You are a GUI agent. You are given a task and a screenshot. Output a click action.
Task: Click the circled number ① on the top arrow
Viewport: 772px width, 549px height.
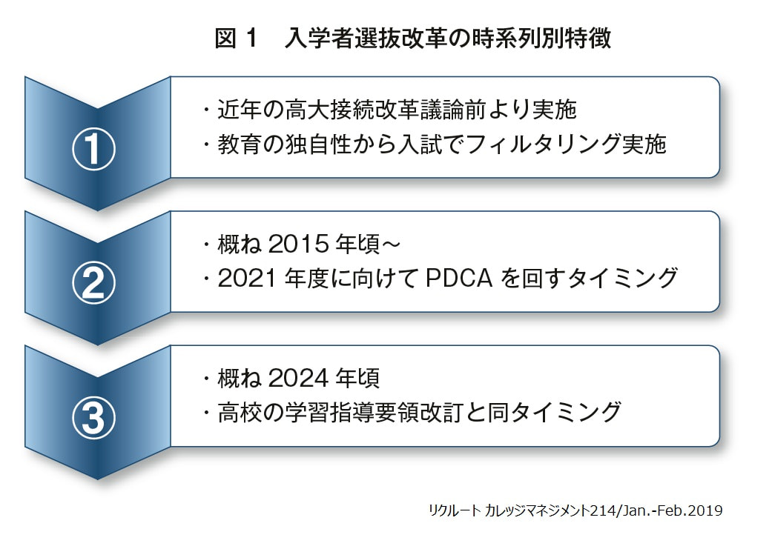tap(93, 150)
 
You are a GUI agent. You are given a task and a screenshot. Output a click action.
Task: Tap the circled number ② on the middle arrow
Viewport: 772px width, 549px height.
tap(93, 284)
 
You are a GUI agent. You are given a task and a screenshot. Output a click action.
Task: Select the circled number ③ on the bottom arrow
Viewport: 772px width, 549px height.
tap(93, 419)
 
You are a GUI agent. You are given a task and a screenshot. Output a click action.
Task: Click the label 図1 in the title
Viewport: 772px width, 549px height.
tap(235, 39)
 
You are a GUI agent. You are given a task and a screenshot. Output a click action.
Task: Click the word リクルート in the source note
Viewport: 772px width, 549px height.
tap(455, 510)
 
